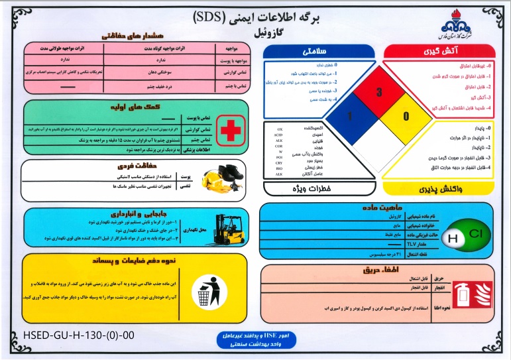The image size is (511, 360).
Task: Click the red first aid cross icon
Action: [x=231, y=130]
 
